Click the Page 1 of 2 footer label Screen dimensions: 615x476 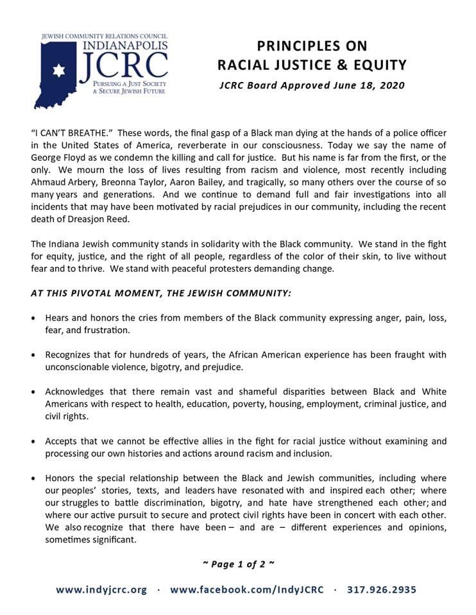(238, 564)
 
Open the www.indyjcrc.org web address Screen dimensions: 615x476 (101, 589)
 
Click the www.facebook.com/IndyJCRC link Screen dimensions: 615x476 (247, 589)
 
